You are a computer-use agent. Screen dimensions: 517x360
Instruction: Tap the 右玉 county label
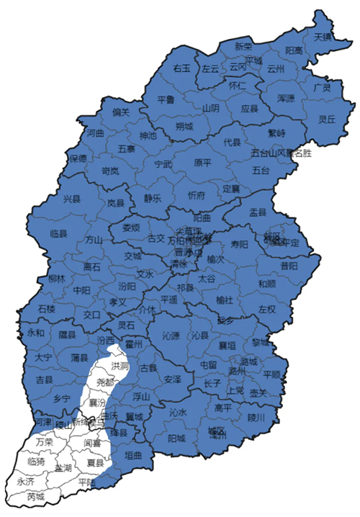tap(181, 68)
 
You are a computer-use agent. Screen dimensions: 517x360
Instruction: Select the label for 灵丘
tap(327, 120)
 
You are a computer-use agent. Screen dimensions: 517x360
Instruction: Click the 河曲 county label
tap(96, 133)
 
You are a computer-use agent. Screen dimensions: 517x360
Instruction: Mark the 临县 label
tap(59, 234)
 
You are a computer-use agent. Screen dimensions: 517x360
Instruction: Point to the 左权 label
tap(267, 310)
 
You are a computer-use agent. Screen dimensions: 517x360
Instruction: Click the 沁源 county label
tap(171, 336)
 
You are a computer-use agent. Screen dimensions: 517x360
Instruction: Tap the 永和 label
tap(35, 333)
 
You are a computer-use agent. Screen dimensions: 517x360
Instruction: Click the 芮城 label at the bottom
tap(36, 497)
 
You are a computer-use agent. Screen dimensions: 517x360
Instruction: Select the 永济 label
tap(24, 481)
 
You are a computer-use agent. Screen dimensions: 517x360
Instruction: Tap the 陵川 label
tap(257, 416)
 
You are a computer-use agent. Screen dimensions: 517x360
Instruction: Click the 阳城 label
tap(176, 438)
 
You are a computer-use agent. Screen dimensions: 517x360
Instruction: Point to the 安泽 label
tap(173, 379)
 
